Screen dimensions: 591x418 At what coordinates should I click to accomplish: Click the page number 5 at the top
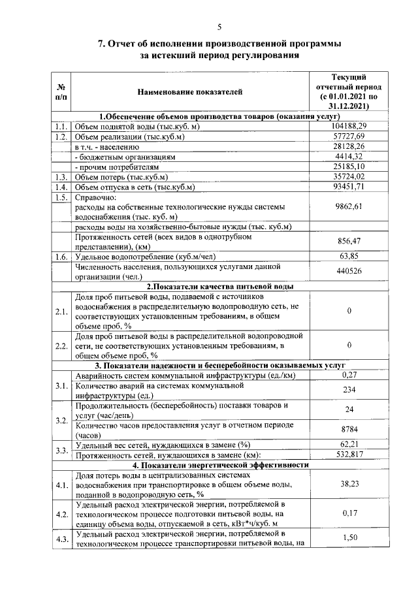219,26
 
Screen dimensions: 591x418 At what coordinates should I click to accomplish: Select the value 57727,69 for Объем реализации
347,136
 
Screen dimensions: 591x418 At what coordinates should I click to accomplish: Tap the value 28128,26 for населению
347,146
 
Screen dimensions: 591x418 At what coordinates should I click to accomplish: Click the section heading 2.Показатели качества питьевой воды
219,286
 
